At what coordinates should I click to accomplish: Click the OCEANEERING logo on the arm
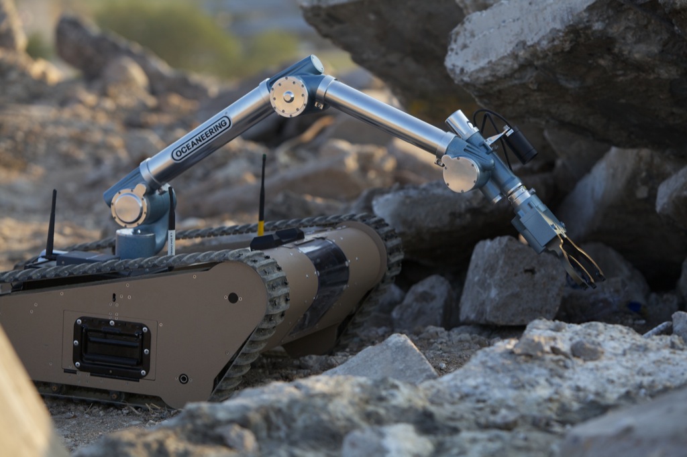pyautogui.click(x=201, y=139)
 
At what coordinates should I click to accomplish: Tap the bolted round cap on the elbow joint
pyautogui.click(x=288, y=96)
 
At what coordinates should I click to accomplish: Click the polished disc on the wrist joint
pyautogui.click(x=461, y=173)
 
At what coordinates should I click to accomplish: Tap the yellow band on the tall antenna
pyautogui.click(x=261, y=228)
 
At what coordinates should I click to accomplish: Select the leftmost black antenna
pyautogui.click(x=51, y=224)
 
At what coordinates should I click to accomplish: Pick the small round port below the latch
pyautogui.click(x=183, y=379)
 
